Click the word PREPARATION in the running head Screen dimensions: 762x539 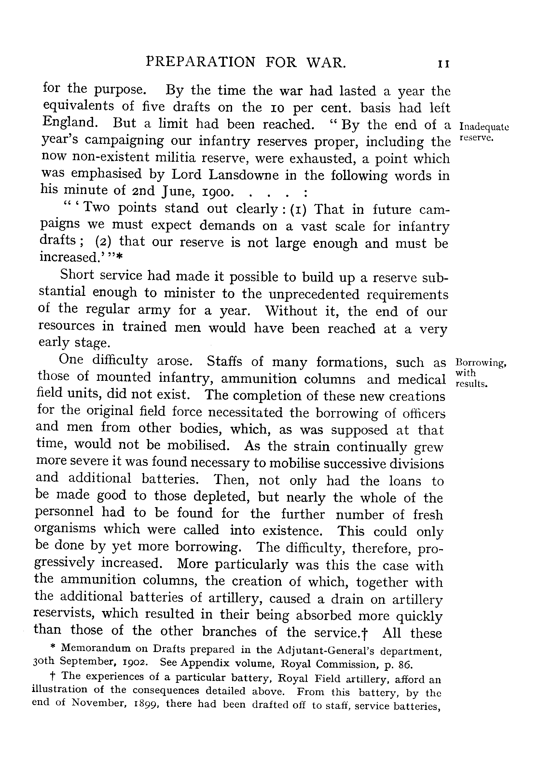tap(201, 62)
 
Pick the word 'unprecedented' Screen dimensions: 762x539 tap(314, 294)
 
